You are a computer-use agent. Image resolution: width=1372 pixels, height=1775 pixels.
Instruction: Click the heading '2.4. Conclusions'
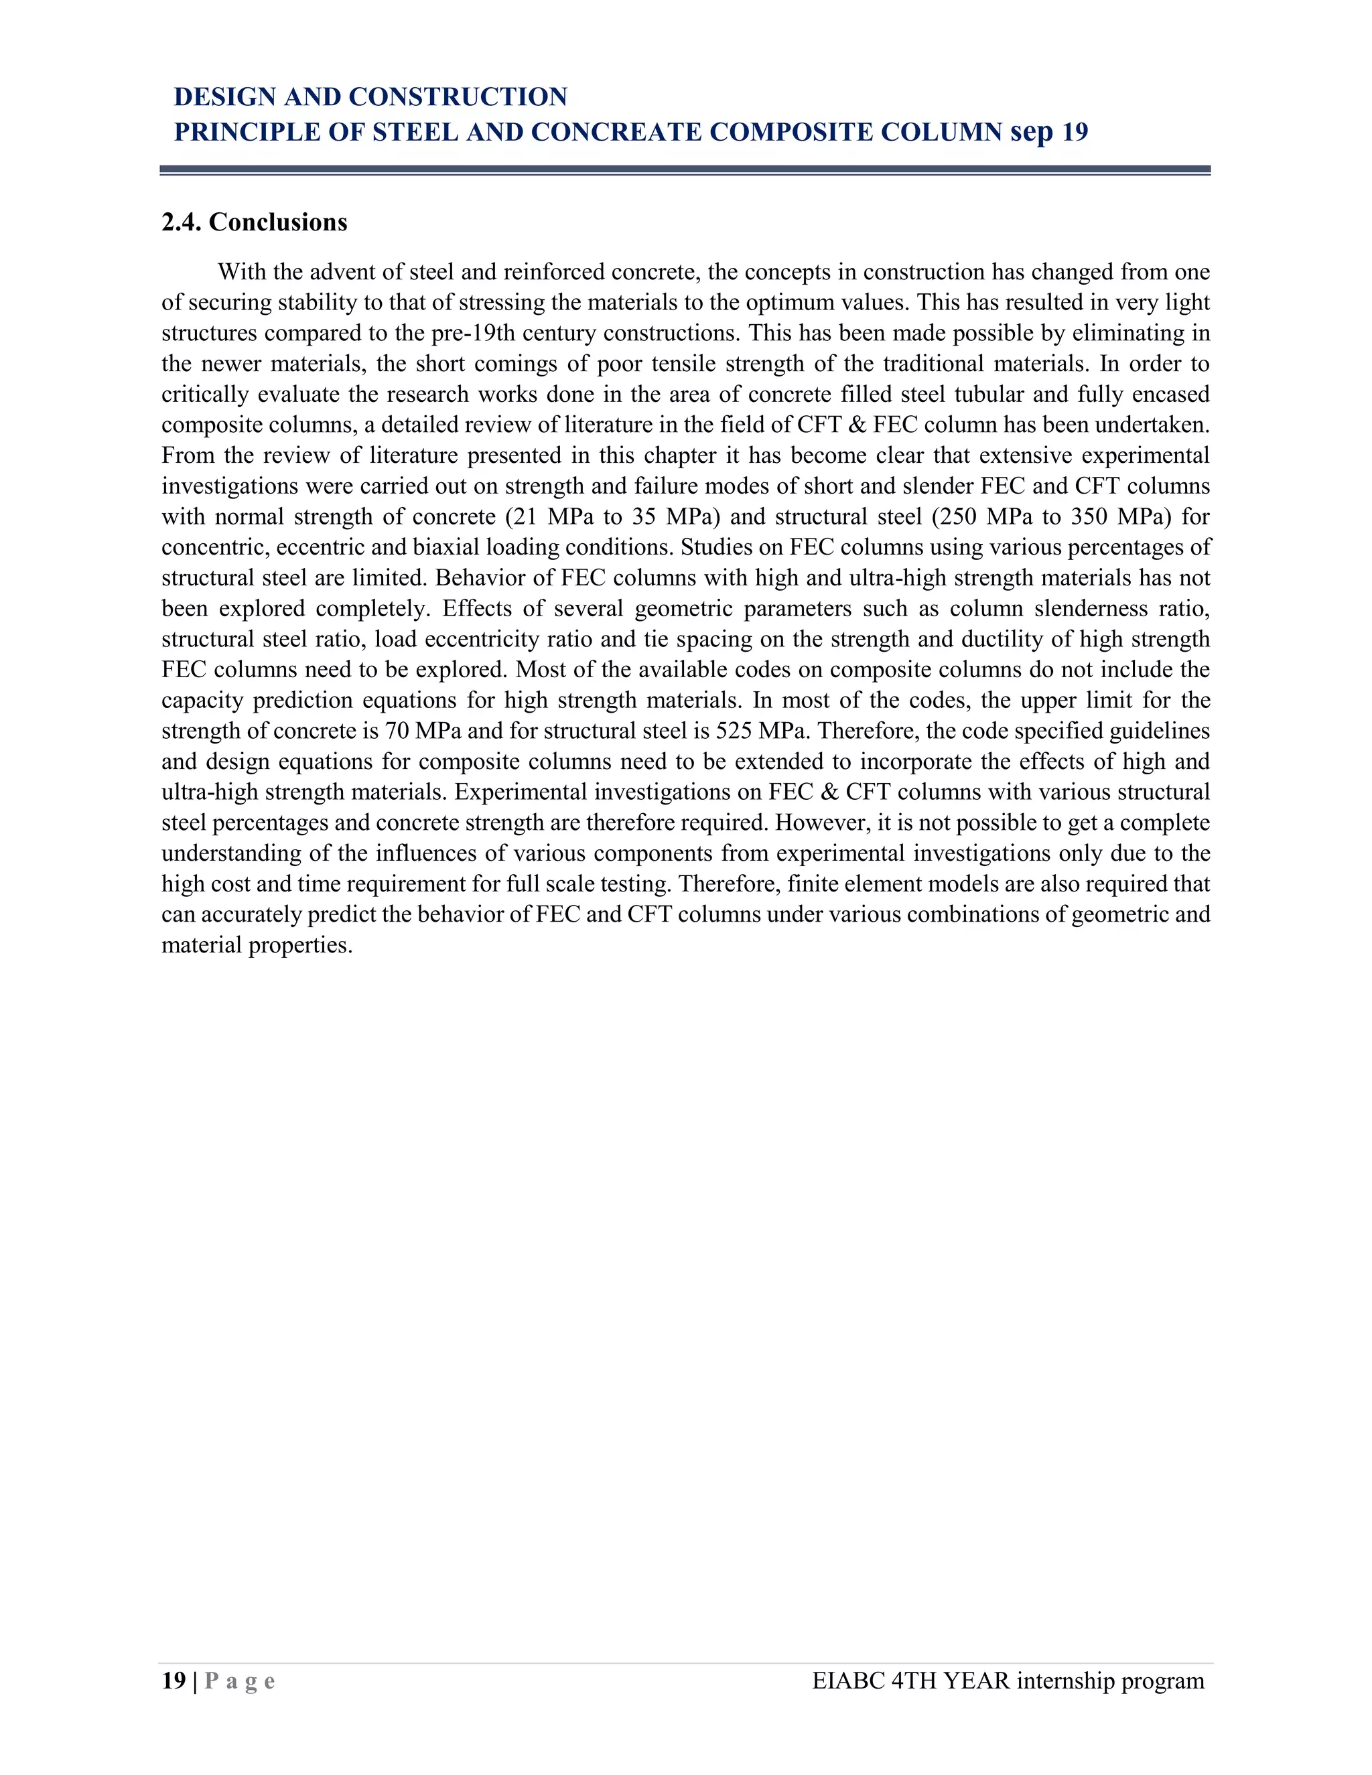[255, 222]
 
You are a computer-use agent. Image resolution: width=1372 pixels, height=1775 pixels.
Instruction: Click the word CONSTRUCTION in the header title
[458, 96]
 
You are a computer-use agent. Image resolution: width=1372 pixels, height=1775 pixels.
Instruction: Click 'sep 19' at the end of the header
[1049, 132]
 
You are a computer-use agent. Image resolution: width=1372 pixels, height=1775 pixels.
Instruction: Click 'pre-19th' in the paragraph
[473, 333]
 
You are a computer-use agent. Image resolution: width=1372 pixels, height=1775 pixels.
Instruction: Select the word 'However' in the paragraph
[819, 823]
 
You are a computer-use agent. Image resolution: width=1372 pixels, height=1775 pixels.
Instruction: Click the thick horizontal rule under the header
[685, 169]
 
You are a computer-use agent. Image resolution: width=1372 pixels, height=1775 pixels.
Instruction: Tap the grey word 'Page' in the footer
[240, 1681]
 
